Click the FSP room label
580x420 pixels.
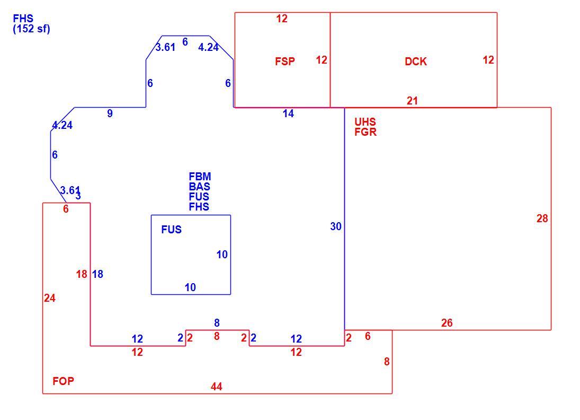(285, 61)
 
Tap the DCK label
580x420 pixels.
(416, 62)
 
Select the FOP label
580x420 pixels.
(63, 381)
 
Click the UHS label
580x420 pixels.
(365, 122)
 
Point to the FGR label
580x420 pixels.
(365, 132)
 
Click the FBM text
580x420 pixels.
(200, 177)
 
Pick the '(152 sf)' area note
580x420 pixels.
(31, 29)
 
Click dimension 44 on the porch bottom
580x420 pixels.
(217, 387)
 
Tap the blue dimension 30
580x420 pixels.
(336, 226)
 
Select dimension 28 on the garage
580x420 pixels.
(542, 218)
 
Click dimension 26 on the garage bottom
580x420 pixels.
(447, 323)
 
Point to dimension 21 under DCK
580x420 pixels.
(412, 101)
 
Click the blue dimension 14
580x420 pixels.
(288, 113)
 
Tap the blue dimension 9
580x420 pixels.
(110, 113)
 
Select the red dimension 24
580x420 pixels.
(50, 298)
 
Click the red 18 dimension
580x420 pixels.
(82, 274)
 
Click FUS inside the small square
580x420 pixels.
(171, 230)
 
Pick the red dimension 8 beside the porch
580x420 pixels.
(387, 362)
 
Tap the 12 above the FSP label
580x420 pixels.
(282, 19)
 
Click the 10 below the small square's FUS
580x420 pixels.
(190, 287)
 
